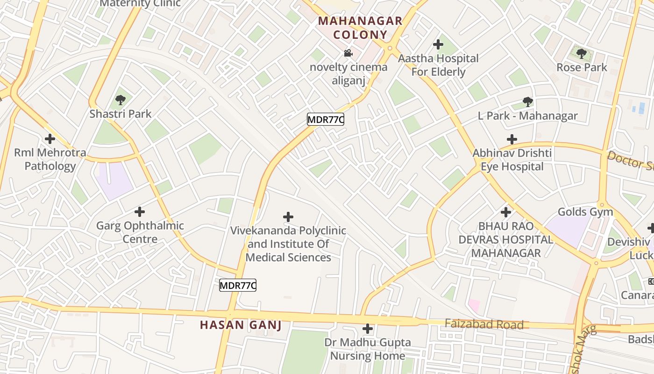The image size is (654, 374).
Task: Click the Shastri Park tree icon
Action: point(121,100)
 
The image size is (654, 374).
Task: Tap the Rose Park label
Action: point(582,67)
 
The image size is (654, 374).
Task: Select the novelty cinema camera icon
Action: point(348,53)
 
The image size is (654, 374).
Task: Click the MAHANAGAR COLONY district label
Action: point(360,28)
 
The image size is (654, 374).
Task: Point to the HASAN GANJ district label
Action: point(241,325)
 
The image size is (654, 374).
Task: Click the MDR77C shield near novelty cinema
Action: point(326,120)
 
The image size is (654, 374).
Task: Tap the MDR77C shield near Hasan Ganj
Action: point(238,285)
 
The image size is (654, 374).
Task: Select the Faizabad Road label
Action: point(483,324)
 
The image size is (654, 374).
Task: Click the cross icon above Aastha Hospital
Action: point(438,44)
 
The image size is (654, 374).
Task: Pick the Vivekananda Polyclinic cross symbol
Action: point(288,216)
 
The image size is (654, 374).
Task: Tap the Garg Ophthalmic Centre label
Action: point(140,232)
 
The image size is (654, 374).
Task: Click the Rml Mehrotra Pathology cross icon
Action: point(50,139)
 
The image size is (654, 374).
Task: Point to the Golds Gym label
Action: point(585,212)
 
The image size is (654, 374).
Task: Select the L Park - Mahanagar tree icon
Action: point(528,101)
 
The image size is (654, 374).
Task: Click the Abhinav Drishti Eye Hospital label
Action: point(512,160)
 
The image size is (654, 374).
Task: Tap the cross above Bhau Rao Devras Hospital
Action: point(506,212)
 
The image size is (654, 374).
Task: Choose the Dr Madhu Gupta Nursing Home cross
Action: point(368,329)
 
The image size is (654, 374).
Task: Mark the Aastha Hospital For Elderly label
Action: point(438,65)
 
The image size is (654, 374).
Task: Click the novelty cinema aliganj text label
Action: point(348,74)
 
